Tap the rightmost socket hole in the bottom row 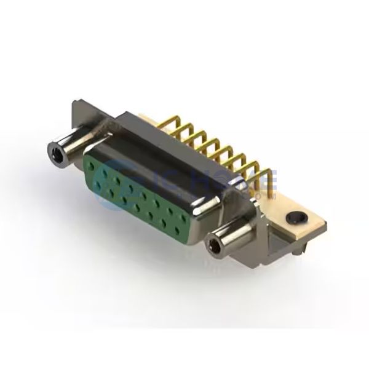tap(178, 231)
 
